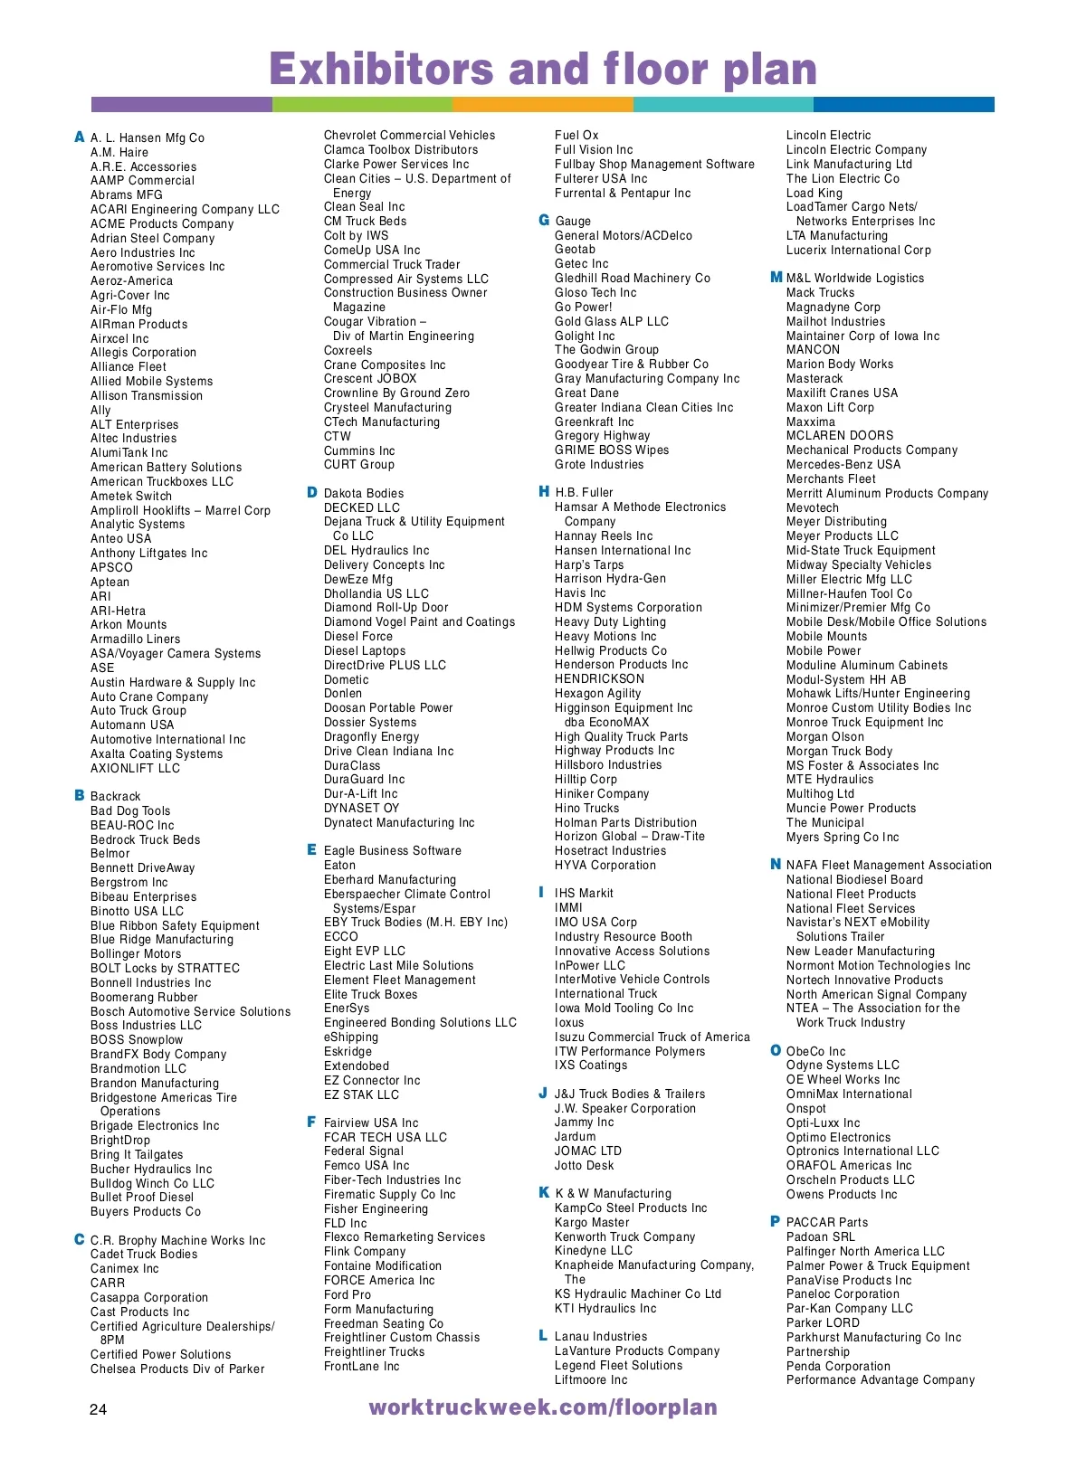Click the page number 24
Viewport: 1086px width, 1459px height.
(98, 1409)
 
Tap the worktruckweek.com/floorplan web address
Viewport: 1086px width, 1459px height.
(543, 1407)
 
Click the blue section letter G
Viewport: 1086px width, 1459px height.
(544, 220)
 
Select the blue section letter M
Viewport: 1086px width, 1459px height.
(776, 277)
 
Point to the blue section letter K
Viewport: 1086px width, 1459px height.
(544, 1192)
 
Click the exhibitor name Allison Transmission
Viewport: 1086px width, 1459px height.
(147, 396)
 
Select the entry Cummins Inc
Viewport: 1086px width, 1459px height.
(359, 450)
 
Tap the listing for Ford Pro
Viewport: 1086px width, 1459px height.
(348, 1294)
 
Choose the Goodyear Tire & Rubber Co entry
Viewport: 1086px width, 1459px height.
(632, 364)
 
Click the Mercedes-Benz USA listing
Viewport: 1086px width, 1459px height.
(843, 464)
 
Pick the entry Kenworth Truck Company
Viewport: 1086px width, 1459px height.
(625, 1236)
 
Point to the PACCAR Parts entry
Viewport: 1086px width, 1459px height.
(827, 1222)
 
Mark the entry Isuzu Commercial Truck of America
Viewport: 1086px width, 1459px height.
(653, 1037)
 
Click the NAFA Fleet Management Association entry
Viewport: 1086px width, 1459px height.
(889, 865)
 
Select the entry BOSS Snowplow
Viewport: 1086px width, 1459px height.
(137, 1039)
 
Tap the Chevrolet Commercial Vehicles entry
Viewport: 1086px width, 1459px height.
(410, 135)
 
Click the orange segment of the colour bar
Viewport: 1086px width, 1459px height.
(543, 105)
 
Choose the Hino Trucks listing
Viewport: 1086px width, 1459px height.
(587, 808)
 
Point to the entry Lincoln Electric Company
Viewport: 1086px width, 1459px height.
(856, 149)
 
